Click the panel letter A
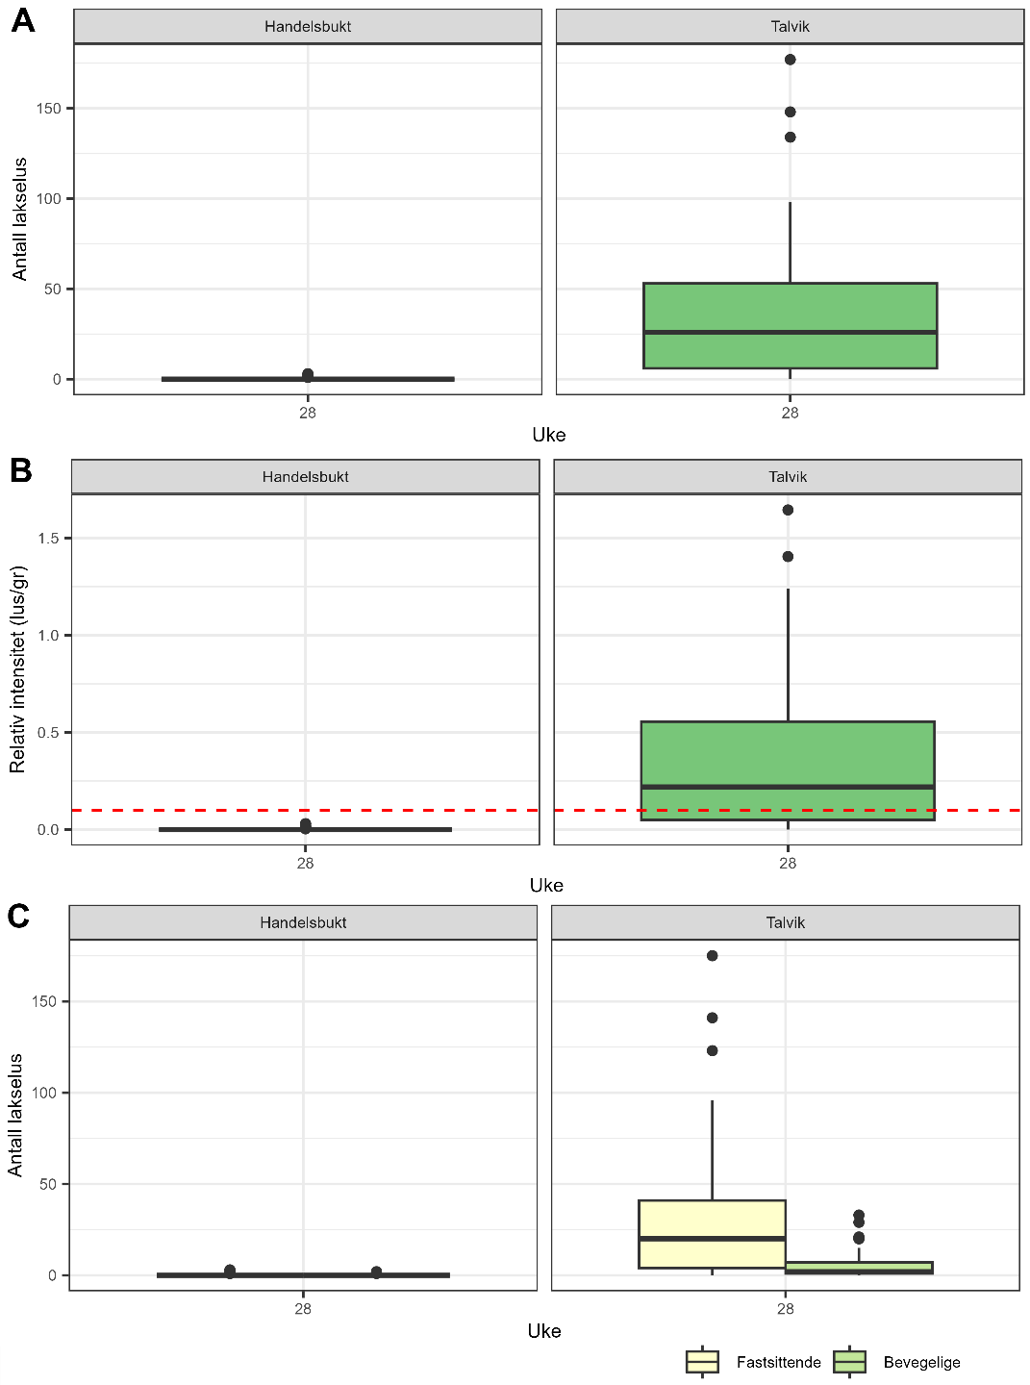coord(22,20)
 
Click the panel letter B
coord(20,470)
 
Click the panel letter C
coord(18,916)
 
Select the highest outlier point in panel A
coord(790,60)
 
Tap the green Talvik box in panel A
coord(790,325)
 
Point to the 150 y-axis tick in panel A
coord(48,109)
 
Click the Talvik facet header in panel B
coord(787,477)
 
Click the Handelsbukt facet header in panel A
coord(308,27)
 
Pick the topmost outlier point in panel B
coord(788,510)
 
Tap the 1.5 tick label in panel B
coord(48,539)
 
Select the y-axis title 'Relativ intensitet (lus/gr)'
coord(18,669)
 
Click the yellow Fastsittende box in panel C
coord(712,1234)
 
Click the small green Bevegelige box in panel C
coord(859,1268)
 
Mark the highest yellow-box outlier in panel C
coord(712,956)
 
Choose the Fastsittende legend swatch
coord(702,1362)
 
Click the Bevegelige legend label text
coord(921,1362)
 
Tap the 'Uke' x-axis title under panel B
coord(546,885)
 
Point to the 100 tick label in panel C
coord(44,1093)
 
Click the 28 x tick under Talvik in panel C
coord(785,1308)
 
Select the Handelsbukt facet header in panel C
coord(303,922)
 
